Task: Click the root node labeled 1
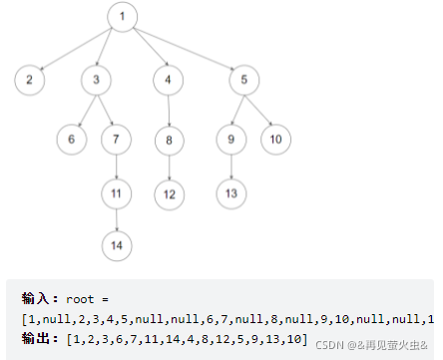pyautogui.click(x=122, y=17)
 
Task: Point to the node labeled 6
pyautogui.click(x=72, y=139)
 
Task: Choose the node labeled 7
pyautogui.click(x=118, y=139)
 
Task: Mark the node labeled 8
pyautogui.click(x=169, y=139)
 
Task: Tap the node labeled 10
pyautogui.click(x=275, y=139)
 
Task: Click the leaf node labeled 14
pyautogui.click(x=118, y=242)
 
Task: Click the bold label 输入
pyautogui.click(x=39, y=299)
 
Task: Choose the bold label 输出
pyautogui.click(x=39, y=340)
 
